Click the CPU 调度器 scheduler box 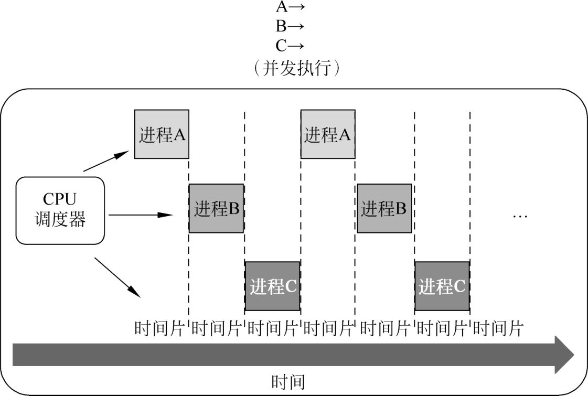60,210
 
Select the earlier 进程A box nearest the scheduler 162,134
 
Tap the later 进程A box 327,134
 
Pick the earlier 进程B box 216,208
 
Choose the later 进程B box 384,208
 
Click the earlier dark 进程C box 273,286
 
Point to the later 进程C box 442,286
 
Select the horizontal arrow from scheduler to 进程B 140,215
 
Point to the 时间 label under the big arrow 288,382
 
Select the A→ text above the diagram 290,7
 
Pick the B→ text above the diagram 290,26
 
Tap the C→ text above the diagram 290,46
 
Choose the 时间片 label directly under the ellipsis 498,329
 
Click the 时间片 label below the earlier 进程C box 273,329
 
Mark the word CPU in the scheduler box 60,200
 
